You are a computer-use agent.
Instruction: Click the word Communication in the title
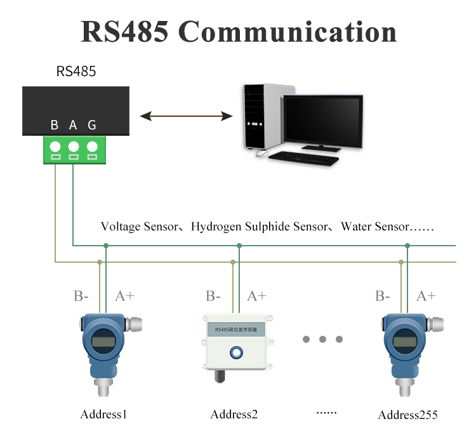click(287, 32)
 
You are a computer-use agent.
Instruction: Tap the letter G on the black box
click(92, 125)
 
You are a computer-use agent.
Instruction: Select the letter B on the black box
click(55, 125)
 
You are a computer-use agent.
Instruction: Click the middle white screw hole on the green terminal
click(74, 147)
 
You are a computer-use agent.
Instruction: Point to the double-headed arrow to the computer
click(187, 116)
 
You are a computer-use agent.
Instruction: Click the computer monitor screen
click(323, 120)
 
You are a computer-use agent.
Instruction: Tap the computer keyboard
click(303, 159)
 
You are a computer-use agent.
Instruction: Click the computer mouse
click(261, 154)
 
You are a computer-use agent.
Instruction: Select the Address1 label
click(103, 415)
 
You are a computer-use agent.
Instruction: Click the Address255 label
click(407, 415)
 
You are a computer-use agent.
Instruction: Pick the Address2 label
click(234, 415)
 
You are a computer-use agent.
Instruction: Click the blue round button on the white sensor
click(236, 353)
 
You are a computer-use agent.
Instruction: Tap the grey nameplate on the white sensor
click(236, 329)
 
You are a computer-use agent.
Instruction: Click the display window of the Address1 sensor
click(103, 342)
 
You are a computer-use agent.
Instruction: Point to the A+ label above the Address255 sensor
click(426, 296)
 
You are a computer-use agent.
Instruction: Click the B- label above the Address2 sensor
click(213, 296)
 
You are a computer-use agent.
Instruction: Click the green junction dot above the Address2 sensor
click(239, 246)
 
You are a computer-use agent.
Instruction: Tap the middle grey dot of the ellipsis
click(322, 339)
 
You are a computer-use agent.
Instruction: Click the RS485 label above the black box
click(76, 72)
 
